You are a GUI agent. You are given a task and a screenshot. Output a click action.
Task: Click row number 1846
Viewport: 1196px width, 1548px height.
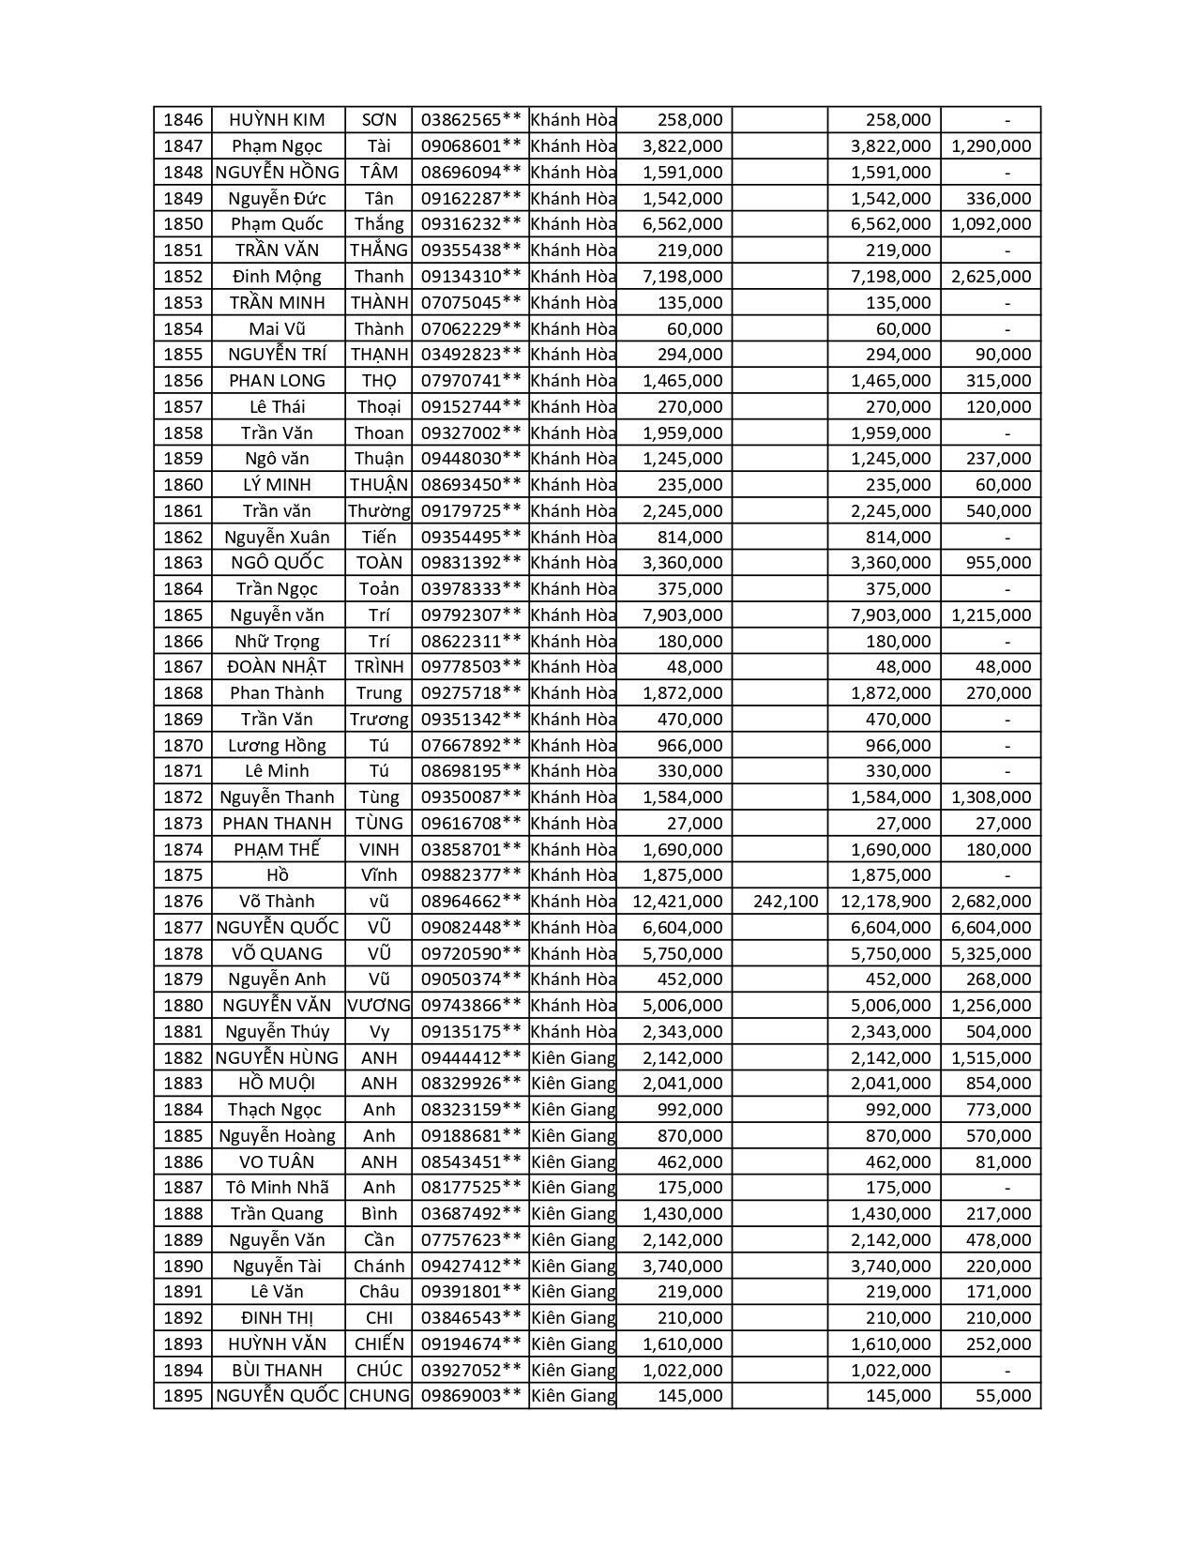(x=183, y=120)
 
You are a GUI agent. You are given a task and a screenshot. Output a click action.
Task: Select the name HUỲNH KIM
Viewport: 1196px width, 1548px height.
(x=277, y=120)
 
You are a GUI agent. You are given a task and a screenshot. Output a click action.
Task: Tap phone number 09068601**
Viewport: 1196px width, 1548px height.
(x=470, y=146)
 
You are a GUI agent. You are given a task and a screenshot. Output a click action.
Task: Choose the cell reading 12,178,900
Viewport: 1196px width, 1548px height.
(x=886, y=902)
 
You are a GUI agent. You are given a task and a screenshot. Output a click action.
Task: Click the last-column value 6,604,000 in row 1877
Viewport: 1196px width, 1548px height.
(x=991, y=928)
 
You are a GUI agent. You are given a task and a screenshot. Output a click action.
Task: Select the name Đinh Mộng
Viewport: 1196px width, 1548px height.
(x=277, y=277)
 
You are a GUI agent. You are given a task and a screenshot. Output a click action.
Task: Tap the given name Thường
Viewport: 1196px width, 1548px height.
(x=379, y=511)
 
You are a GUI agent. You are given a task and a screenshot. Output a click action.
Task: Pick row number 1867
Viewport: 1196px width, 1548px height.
(x=183, y=667)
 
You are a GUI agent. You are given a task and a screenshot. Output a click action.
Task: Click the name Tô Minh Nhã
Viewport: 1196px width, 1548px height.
(x=277, y=1188)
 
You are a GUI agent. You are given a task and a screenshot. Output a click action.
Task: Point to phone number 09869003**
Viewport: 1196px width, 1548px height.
(x=470, y=1396)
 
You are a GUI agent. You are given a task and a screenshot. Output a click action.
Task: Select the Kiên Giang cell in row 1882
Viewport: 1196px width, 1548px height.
(x=573, y=1058)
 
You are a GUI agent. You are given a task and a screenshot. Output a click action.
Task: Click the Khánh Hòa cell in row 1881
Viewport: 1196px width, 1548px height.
(x=573, y=1032)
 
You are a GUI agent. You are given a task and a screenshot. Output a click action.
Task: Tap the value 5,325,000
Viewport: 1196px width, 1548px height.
(x=991, y=954)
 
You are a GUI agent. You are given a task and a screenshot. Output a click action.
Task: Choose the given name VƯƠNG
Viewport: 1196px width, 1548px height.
(x=379, y=1006)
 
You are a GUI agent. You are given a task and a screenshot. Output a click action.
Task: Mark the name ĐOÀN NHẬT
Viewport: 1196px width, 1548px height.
(x=277, y=667)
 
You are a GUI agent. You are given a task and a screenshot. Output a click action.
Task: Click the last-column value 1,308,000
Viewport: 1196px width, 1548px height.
(x=991, y=797)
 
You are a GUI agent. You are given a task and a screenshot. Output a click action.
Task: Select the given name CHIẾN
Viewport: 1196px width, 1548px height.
(x=379, y=1344)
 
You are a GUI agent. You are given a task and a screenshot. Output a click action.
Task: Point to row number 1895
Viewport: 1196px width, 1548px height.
(x=183, y=1396)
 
